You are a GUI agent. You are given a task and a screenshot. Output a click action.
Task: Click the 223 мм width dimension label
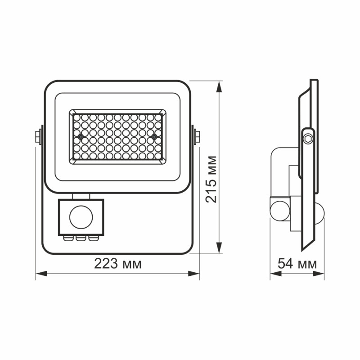117,264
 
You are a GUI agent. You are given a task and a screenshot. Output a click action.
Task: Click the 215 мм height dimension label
211,179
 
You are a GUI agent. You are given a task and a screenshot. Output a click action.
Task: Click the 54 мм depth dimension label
297,264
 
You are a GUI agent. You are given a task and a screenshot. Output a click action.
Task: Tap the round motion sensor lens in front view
81,218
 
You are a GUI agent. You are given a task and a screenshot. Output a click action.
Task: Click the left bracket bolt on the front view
38,135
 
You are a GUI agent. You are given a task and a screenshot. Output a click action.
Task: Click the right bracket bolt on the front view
197,135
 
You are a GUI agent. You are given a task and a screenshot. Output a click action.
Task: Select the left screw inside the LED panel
80,136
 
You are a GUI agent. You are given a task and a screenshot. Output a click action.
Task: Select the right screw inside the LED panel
154,136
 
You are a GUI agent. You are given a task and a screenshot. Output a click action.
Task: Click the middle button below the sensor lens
81,238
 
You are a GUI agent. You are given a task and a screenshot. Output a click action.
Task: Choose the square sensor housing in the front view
81,217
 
